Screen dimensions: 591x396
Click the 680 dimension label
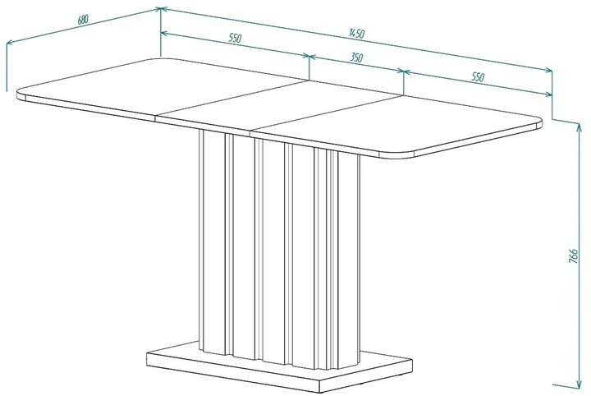tap(83, 20)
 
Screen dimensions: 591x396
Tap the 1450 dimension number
tap(356, 34)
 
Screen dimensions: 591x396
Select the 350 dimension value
tap(356, 58)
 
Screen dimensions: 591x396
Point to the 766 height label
tap(573, 256)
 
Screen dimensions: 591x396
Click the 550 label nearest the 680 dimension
tap(235, 38)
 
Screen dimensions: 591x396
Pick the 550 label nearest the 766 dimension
tap(478, 76)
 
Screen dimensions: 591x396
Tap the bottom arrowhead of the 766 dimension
tap(578, 384)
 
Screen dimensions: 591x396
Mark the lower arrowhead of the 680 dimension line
tap(9, 43)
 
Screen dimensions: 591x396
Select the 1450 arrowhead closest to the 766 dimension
tap(548, 70)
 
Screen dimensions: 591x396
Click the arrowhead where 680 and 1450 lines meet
tap(160, 8)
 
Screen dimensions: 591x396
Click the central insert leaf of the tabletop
tap(279, 106)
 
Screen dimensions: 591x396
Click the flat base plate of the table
tap(279, 368)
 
